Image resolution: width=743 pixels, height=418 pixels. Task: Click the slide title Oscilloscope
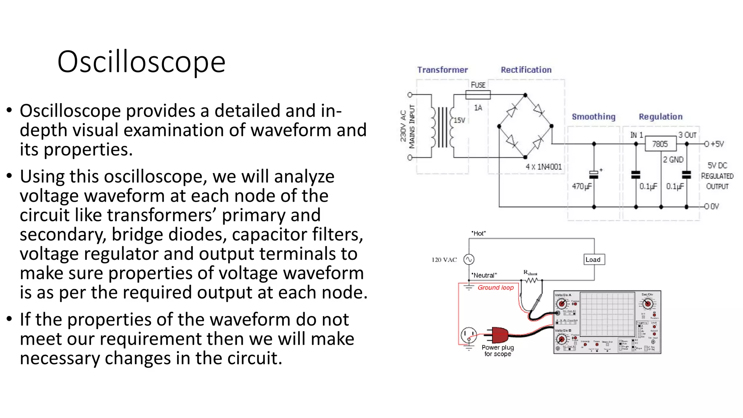tap(141, 62)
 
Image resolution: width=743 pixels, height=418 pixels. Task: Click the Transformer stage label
tap(442, 70)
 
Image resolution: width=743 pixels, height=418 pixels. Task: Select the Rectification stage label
tap(526, 70)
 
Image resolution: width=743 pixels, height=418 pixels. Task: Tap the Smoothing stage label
tap(594, 116)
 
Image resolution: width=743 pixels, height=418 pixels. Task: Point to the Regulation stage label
tap(661, 116)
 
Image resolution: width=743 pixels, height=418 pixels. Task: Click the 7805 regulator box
tap(660, 144)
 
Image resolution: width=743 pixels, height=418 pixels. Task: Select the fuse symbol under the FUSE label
tap(478, 95)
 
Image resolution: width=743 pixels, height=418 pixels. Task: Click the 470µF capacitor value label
tap(582, 186)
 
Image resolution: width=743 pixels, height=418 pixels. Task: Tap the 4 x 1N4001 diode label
tap(543, 167)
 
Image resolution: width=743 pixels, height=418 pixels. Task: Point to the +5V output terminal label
tap(717, 144)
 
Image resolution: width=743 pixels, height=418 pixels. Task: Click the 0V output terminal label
tap(714, 206)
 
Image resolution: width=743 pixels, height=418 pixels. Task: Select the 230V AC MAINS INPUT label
tap(407, 126)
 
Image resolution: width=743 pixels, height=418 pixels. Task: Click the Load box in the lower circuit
tap(593, 259)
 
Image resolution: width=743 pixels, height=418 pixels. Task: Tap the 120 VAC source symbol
tap(469, 259)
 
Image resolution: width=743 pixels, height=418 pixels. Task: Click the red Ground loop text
tap(496, 287)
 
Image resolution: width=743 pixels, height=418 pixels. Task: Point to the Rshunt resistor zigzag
tap(531, 280)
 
